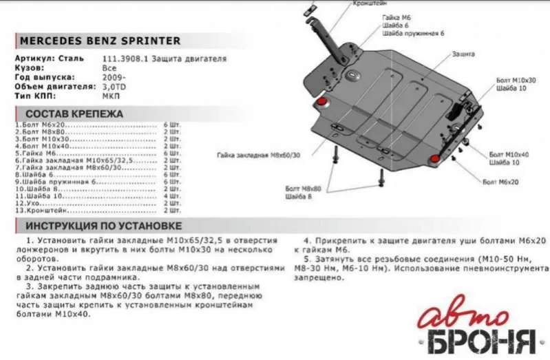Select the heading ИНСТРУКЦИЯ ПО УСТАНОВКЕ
click(x=103, y=226)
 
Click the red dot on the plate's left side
click(x=321, y=103)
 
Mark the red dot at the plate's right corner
click(x=435, y=160)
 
